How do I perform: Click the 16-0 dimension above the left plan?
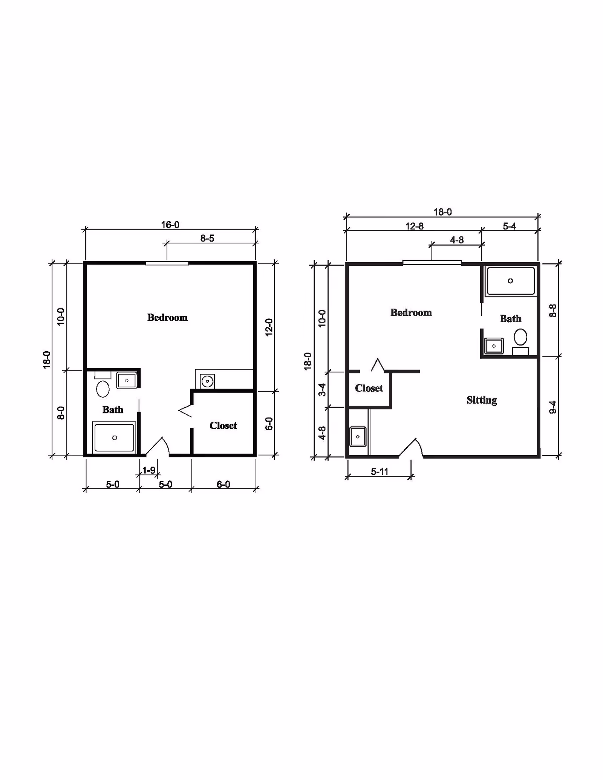click(x=170, y=225)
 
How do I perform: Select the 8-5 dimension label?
click(x=207, y=238)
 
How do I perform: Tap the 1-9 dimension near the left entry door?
click(x=149, y=470)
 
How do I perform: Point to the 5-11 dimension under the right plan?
click(x=380, y=471)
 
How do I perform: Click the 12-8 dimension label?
click(x=415, y=226)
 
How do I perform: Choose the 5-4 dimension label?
click(x=509, y=226)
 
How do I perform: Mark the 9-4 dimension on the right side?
click(x=553, y=407)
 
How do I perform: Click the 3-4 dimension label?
click(x=322, y=390)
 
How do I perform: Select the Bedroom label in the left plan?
click(x=167, y=318)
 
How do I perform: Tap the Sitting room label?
click(x=482, y=400)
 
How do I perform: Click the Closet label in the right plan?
click(x=369, y=388)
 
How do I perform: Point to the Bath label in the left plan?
click(x=113, y=410)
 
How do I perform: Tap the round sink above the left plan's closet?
click(x=207, y=381)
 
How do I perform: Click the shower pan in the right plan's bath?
click(x=511, y=281)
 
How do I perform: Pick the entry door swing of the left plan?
click(x=158, y=447)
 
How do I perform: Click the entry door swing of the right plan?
click(x=411, y=448)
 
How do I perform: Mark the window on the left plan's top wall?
click(x=167, y=263)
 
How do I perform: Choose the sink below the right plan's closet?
click(x=358, y=437)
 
